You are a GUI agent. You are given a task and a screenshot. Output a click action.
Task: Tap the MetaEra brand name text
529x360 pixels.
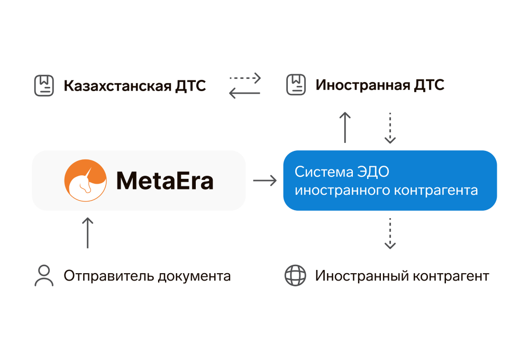(165, 181)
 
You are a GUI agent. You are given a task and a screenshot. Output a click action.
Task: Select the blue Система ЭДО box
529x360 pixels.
(390, 181)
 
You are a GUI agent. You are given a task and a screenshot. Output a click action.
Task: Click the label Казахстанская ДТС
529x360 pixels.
(134, 86)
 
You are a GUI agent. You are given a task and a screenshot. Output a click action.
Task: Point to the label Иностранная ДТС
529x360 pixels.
(380, 85)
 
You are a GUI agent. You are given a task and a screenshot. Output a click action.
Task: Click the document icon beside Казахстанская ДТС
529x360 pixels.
(44, 86)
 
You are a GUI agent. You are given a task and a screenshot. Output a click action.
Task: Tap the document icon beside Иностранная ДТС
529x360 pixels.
(296, 85)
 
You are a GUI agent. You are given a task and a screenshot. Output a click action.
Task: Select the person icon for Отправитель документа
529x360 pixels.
(44, 276)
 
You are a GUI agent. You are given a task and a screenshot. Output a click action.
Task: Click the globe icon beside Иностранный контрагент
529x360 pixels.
(295, 276)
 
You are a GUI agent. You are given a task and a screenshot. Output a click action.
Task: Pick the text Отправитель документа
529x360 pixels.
(147, 276)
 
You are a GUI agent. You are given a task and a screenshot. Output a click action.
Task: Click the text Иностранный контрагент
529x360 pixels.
(402, 276)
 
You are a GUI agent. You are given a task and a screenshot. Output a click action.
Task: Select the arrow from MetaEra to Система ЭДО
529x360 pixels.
(264, 181)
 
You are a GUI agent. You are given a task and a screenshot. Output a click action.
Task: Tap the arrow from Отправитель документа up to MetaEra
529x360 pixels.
(88, 232)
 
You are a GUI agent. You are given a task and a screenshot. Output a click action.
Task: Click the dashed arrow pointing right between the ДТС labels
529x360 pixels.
(245, 78)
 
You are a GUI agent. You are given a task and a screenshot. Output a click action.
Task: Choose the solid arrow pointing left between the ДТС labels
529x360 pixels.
(244, 93)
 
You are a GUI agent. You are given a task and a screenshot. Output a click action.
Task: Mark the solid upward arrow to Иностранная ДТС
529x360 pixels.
(345, 127)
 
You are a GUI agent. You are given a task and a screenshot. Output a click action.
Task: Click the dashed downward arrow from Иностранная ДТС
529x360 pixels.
(390, 128)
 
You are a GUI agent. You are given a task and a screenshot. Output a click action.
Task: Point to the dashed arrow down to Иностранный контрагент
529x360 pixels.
(390, 233)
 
